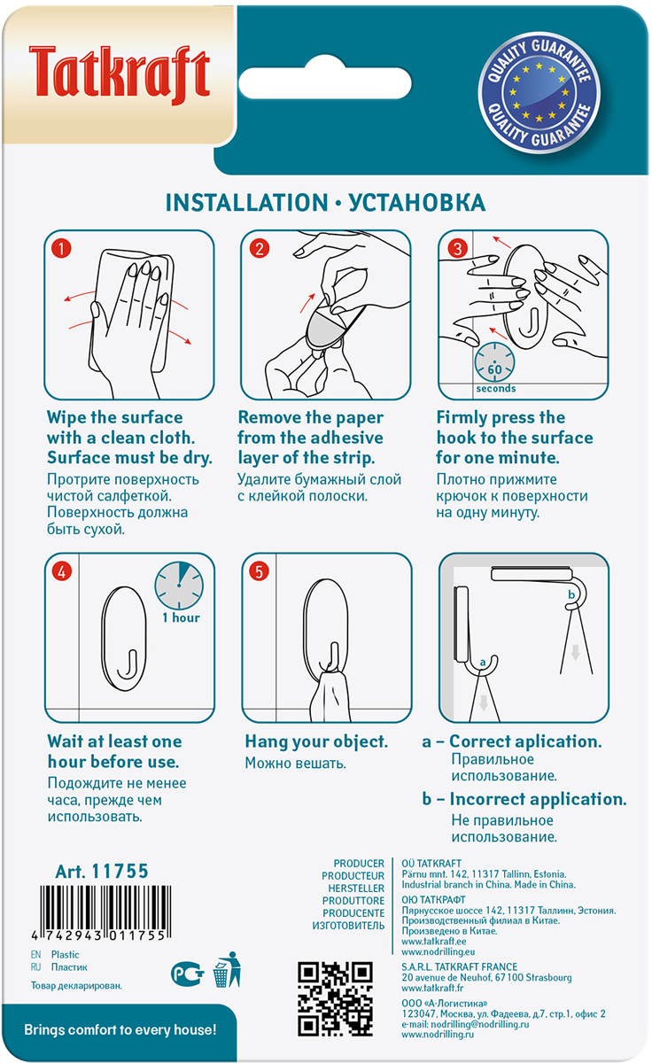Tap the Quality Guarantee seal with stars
point(539,92)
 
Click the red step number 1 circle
point(61,248)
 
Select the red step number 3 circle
point(457,248)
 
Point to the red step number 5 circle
point(259,571)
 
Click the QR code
point(335,998)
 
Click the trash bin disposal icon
point(227,970)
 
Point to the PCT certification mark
point(188,974)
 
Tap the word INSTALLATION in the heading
point(247,203)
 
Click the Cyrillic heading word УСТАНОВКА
point(417,203)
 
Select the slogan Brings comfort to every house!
point(120,1029)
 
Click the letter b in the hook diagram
point(571,594)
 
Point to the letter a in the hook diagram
point(483,662)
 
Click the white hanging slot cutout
point(325,81)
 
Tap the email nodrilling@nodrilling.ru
point(480,1024)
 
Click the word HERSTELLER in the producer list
point(356,888)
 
